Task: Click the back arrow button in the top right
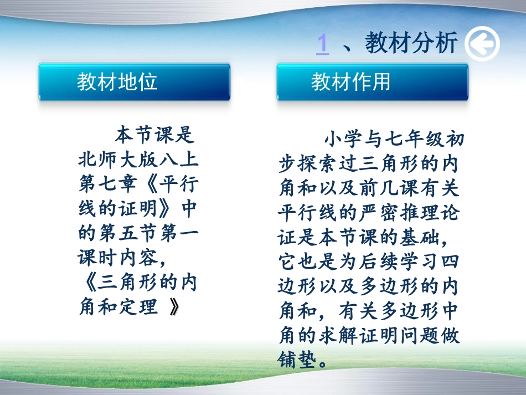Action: [x=482, y=44]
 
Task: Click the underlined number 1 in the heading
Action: [x=322, y=43]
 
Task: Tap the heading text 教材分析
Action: [x=411, y=43]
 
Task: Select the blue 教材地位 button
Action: [x=134, y=82]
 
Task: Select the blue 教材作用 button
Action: [x=372, y=82]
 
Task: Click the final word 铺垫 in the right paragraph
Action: [x=298, y=360]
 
